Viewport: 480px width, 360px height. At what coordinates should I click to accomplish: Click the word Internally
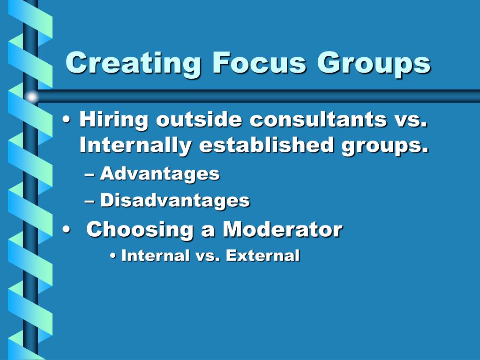pyautogui.click(x=135, y=146)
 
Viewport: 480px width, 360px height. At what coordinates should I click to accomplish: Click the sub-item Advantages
pyautogui.click(x=159, y=174)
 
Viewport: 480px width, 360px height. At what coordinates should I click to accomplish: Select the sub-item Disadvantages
pyautogui.click(x=174, y=201)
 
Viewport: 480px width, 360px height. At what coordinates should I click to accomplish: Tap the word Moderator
pyautogui.click(x=282, y=229)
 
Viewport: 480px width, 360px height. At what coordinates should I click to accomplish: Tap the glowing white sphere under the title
pyautogui.click(x=31, y=97)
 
